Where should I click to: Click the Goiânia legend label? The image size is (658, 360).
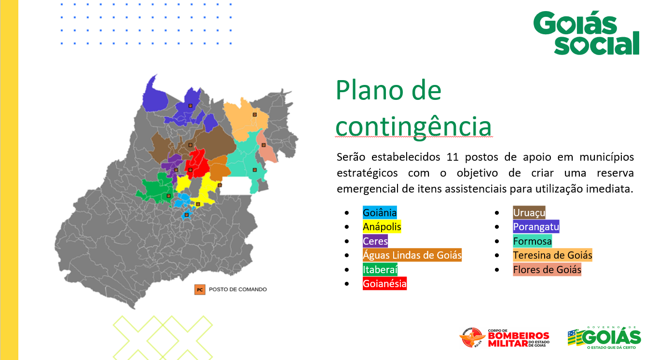point(380,212)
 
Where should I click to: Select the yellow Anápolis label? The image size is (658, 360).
point(382,227)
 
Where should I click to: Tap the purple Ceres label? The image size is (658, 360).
point(375,241)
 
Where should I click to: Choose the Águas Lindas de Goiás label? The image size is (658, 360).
point(412,255)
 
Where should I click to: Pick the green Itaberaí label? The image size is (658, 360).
point(380,269)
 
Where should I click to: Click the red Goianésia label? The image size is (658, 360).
point(385,284)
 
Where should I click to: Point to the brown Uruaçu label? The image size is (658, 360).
point(529,212)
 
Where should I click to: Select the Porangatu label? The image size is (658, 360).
point(536,227)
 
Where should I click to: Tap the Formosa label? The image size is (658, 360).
point(532,241)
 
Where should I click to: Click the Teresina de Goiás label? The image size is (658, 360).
point(552,255)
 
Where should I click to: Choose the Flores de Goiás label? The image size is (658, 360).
point(547,269)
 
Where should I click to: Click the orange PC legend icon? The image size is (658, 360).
point(200,290)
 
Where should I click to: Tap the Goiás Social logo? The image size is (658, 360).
point(586,33)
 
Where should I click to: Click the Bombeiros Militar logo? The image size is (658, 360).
point(505,338)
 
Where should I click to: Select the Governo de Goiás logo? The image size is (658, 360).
point(604,338)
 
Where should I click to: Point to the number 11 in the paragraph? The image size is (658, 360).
point(452,157)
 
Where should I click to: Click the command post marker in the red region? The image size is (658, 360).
point(191,170)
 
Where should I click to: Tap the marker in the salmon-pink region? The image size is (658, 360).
point(263,145)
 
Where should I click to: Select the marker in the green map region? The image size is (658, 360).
point(168,196)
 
